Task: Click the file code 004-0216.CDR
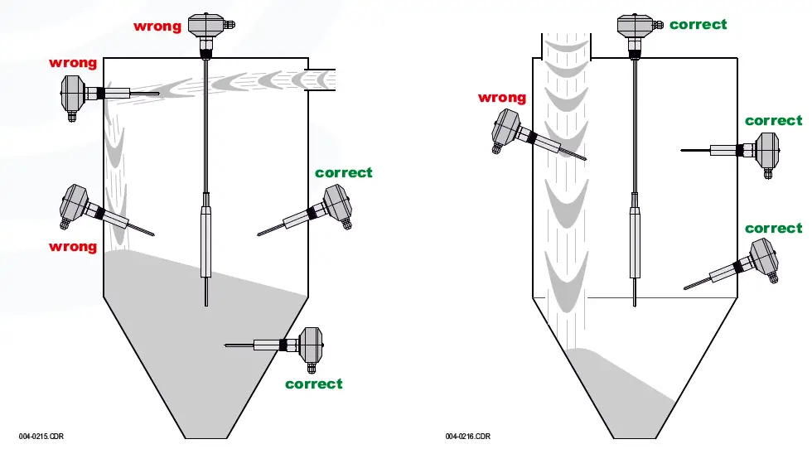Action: coord(467,436)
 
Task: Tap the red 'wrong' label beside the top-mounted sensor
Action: coord(157,27)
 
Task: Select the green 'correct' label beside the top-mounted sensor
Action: coord(698,25)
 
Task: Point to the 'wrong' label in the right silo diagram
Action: coord(501,98)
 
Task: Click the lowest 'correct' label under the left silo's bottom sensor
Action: coord(313,384)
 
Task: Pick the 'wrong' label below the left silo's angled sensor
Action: coord(73,246)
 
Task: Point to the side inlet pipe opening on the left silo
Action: coord(321,80)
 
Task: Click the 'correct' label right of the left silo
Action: coord(343,172)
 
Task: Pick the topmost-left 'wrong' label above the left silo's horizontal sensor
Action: coord(73,63)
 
